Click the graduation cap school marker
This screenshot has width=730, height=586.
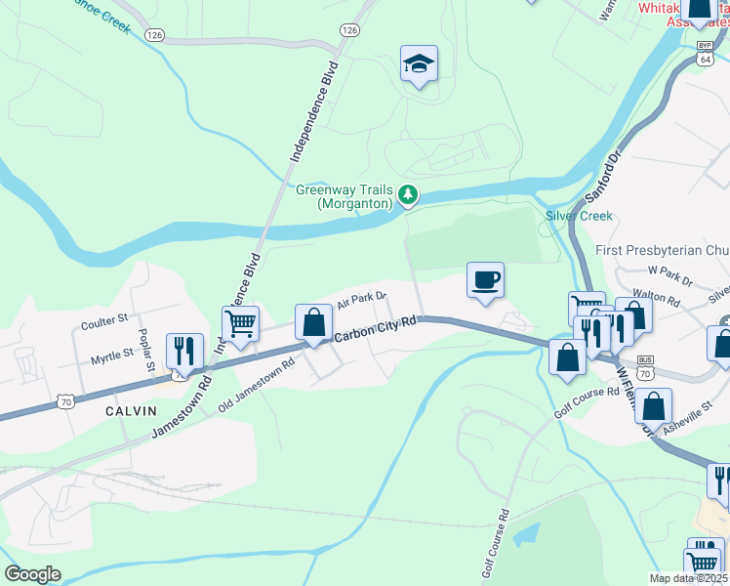419,65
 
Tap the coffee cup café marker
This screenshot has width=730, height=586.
485,281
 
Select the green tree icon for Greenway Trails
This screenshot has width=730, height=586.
408,196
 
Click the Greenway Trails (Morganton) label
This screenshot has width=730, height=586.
345,196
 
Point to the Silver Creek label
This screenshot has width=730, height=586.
579,216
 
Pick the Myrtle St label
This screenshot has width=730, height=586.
111,358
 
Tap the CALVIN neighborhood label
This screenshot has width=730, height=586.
132,411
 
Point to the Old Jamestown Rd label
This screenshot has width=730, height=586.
256,387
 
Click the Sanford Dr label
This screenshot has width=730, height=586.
602,175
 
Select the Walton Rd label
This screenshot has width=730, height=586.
656,296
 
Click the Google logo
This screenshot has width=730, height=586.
32,574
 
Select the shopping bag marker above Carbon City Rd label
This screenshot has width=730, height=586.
313,322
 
